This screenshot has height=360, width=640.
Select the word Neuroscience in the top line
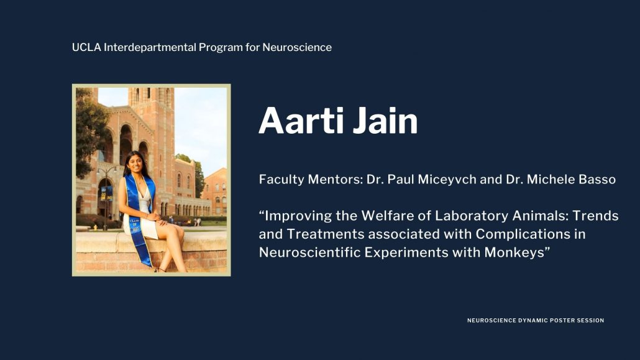[x=297, y=47]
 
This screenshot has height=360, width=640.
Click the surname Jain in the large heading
[x=385, y=121]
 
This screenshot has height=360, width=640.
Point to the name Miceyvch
[x=447, y=180]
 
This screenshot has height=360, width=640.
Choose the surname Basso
[x=594, y=180]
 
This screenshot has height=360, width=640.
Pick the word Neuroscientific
[x=310, y=252]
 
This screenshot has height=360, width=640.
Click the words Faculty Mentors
[x=311, y=180]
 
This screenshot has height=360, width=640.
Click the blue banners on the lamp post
[x=107, y=193]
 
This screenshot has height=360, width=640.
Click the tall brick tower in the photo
[x=152, y=139]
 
